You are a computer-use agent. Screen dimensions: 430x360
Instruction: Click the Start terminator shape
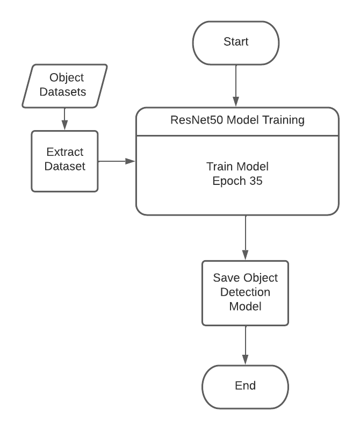pyautogui.click(x=237, y=42)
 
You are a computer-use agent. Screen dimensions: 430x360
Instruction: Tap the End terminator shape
pyautogui.click(x=245, y=386)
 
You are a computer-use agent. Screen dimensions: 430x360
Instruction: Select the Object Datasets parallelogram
pyautogui.click(x=64, y=85)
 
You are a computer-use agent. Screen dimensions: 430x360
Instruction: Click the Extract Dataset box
pyautogui.click(x=64, y=160)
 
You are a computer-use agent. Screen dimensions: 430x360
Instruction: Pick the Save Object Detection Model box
pyautogui.click(x=245, y=292)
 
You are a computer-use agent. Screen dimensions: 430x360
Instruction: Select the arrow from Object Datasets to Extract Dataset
pyautogui.click(x=64, y=118)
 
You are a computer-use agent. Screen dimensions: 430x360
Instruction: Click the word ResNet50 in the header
pyautogui.click(x=193, y=120)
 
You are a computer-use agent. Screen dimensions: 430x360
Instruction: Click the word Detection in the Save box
pyautogui.click(x=245, y=292)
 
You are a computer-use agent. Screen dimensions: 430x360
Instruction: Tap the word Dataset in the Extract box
pyautogui.click(x=65, y=167)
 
